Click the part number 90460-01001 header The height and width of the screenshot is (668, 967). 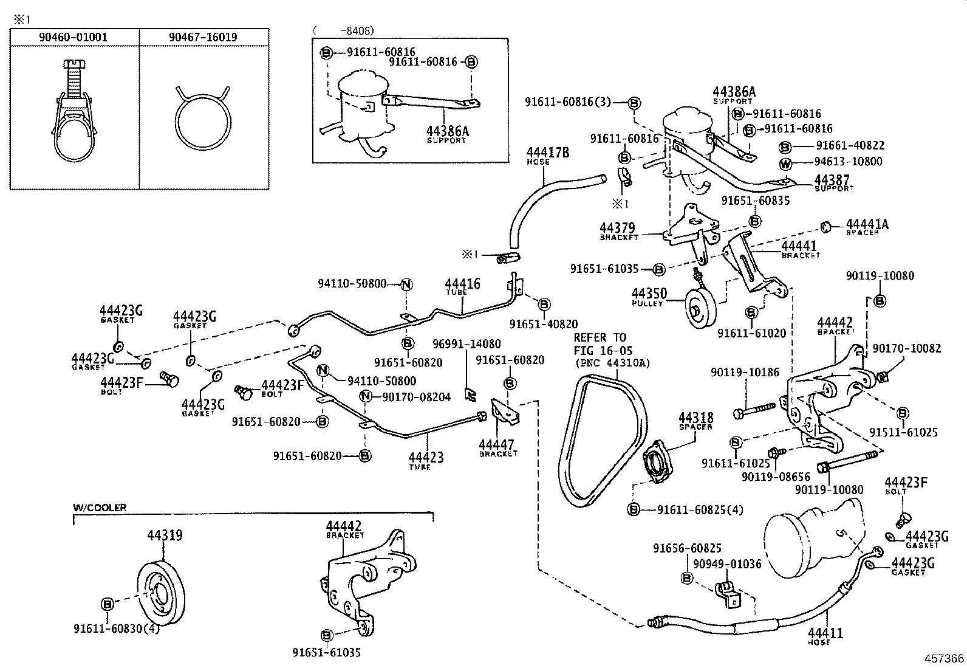pyautogui.click(x=73, y=37)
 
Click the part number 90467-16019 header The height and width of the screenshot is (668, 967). pyautogui.click(x=203, y=37)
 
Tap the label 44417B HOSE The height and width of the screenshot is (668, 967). pyautogui.click(x=547, y=155)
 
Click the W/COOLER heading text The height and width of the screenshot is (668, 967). pyautogui.click(x=100, y=508)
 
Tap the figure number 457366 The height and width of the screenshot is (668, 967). pyautogui.click(x=944, y=658)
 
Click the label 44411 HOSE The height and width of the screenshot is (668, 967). pyautogui.click(x=825, y=635)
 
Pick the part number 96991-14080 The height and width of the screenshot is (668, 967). pyautogui.click(x=466, y=344)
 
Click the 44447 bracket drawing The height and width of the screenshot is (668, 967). pyautogui.click(x=505, y=413)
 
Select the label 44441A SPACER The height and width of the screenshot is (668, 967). pyautogui.click(x=867, y=227)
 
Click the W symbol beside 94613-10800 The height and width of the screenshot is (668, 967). pyautogui.click(x=785, y=162)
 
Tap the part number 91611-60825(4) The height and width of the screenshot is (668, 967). pyautogui.click(x=700, y=509)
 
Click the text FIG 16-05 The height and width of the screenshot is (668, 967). pyautogui.click(x=603, y=350)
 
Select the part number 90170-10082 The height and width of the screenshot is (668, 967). pyautogui.click(x=906, y=348)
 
